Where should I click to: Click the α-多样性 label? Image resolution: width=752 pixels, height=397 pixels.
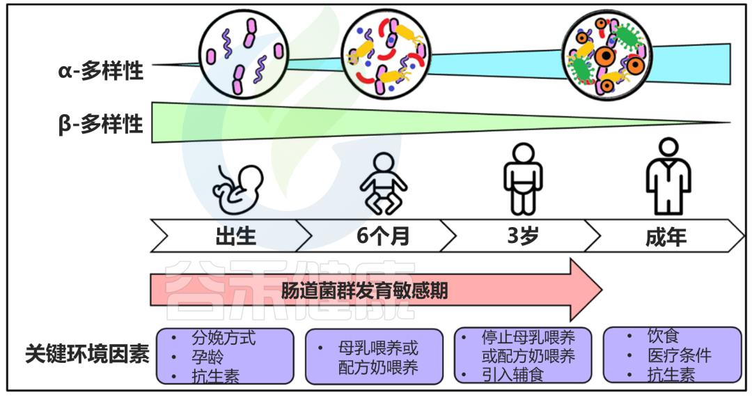(101, 70)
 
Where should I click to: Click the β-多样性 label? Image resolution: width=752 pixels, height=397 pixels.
(101, 125)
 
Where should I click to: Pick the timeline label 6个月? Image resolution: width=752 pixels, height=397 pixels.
(383, 236)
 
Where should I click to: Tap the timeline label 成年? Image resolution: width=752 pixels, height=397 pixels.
(666, 237)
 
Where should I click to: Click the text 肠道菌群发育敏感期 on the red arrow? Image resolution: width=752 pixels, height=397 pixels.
(364, 290)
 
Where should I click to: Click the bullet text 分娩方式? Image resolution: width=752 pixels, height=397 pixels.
(224, 338)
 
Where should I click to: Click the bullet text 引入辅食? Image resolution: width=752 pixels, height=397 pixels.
(512, 375)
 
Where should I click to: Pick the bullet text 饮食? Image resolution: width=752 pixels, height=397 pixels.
(663, 337)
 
